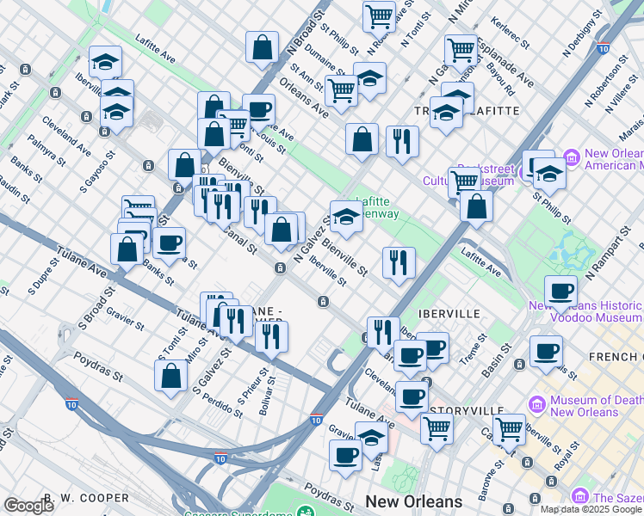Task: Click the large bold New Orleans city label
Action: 413,501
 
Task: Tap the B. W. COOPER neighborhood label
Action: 86,498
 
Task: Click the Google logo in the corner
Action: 28,506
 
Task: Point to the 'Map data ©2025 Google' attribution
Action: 591,509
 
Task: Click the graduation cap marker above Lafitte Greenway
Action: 345,217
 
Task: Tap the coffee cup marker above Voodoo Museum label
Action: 560,292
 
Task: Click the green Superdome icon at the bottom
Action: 305,511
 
